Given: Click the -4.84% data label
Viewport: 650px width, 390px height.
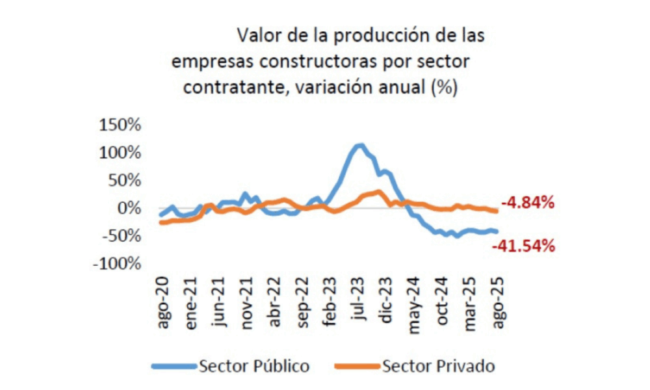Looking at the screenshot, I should [527, 203].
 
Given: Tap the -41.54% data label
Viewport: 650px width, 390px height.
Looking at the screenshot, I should [523, 246].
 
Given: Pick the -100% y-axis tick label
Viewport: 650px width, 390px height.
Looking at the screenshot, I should [116, 263].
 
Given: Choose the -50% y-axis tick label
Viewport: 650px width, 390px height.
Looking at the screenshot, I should [119, 235].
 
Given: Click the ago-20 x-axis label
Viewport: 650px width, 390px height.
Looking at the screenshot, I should [163, 302].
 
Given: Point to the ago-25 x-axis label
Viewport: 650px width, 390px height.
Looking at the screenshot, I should [498, 302].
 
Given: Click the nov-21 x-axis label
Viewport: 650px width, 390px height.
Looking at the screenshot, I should [247, 300].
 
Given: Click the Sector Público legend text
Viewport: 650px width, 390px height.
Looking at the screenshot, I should [255, 365].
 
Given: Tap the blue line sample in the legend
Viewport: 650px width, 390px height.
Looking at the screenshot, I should [174, 366].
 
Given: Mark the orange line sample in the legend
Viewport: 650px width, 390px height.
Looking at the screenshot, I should [355, 366].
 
